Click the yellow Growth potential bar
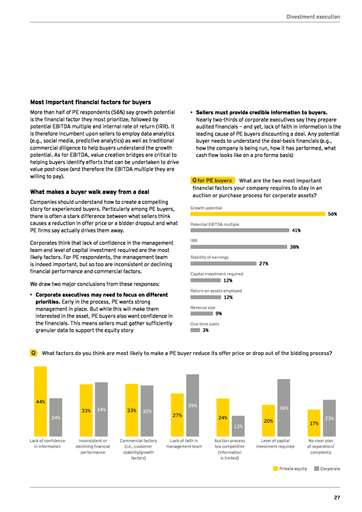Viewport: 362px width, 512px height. pyautogui.click(x=258, y=214)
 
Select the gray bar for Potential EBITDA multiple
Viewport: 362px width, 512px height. pyautogui.click(x=240, y=230)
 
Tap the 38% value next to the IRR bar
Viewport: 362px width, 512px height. pyautogui.click(x=294, y=247)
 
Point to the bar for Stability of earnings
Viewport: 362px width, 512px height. pyautogui.click(x=224, y=263)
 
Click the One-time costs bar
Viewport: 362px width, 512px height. pyautogui.click(x=195, y=330)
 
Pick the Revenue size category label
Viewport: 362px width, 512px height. pyautogui.click(x=203, y=308)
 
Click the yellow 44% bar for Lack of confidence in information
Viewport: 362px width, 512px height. pyautogui.click(x=40, y=401)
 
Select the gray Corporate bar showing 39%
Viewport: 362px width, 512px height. pyautogui.click(x=192, y=405)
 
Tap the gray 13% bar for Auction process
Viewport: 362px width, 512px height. pyautogui.click(x=238, y=426)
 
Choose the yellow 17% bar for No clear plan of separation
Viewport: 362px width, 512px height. pyautogui.click(x=314, y=423)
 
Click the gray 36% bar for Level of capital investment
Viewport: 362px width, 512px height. pyautogui.click(x=283, y=408)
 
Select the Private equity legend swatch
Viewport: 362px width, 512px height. pyautogui.click(x=275, y=469)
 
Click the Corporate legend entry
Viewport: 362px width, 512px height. pyautogui.click(x=327, y=469)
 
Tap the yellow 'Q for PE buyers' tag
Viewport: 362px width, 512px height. pyautogui.click(x=213, y=180)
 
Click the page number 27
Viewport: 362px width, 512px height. pyautogui.click(x=337, y=498)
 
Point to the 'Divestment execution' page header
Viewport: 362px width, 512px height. pyautogui.click(x=313, y=16)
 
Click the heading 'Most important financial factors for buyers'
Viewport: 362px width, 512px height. pyautogui.click(x=90, y=102)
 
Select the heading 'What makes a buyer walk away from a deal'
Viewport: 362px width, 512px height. pyautogui.click(x=89, y=192)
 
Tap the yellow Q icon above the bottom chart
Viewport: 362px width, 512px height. pyautogui.click(x=34, y=353)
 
